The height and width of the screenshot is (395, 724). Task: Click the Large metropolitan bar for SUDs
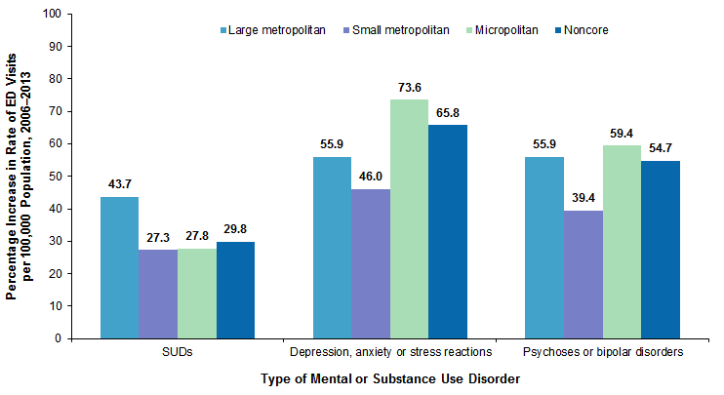tap(119, 267)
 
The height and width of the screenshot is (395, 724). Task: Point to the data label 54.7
tap(661, 148)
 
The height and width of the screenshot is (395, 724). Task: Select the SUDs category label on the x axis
tap(177, 351)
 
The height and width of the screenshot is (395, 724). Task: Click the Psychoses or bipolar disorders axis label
tap(602, 351)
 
